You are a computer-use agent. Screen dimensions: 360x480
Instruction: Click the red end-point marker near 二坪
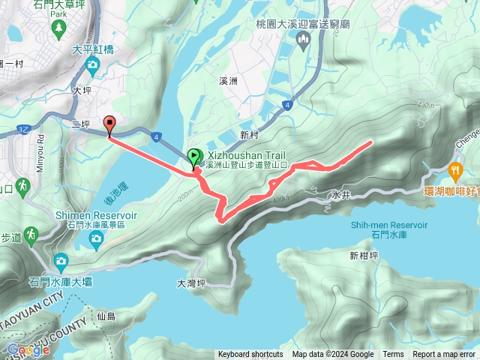click(109, 125)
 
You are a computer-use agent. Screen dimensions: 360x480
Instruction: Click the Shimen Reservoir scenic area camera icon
click(95, 239)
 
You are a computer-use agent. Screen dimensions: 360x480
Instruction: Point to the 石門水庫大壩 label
click(61, 282)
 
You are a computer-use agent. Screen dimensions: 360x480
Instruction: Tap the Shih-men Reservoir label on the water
click(388, 225)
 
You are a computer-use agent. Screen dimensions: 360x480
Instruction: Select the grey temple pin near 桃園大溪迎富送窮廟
click(304, 43)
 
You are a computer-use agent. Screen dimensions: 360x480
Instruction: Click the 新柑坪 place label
click(364, 255)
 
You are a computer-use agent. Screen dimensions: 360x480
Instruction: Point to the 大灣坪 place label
click(191, 283)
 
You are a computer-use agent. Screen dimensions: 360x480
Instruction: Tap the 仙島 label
click(106, 316)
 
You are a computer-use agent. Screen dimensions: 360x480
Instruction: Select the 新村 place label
click(250, 134)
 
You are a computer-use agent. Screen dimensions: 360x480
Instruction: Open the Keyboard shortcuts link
click(250, 355)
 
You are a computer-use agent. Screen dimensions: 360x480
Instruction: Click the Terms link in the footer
click(393, 355)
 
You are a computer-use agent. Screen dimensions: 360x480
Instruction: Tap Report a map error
click(444, 355)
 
